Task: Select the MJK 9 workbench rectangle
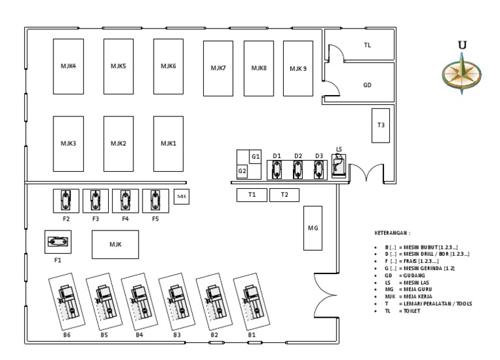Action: click(298, 68)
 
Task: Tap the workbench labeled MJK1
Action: click(168, 143)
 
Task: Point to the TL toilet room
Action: click(367, 46)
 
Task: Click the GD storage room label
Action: click(367, 85)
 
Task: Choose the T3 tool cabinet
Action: click(381, 125)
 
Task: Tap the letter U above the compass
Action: click(462, 45)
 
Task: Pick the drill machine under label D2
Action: click(298, 170)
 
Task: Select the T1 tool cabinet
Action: click(251, 195)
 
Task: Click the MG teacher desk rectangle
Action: click(312, 228)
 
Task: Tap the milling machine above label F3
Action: click(96, 200)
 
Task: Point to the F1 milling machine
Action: click(58, 243)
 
